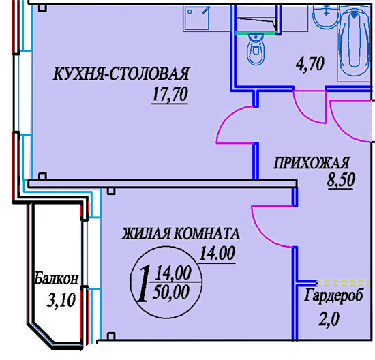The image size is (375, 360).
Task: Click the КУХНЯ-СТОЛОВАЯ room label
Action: point(121,74)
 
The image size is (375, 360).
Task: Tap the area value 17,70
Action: point(170,95)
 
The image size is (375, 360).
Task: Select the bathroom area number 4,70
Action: point(310,63)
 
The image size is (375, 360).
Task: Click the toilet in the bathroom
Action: point(256,49)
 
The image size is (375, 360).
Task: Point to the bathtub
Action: point(354,43)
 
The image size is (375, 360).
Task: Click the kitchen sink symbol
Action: point(196,18)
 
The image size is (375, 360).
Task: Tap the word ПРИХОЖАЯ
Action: point(312,163)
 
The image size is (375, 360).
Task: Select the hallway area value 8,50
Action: point(341,180)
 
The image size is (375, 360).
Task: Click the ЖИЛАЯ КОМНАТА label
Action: point(181,233)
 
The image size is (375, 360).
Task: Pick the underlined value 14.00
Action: point(217,254)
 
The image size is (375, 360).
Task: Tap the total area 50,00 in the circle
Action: point(171,292)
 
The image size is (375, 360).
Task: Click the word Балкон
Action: point(57,278)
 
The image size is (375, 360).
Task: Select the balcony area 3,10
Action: point(61,300)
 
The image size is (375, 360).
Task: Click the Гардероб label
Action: point(334,296)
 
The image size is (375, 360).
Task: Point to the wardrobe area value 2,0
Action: point(329,319)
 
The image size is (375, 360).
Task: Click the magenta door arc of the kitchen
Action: point(224,119)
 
